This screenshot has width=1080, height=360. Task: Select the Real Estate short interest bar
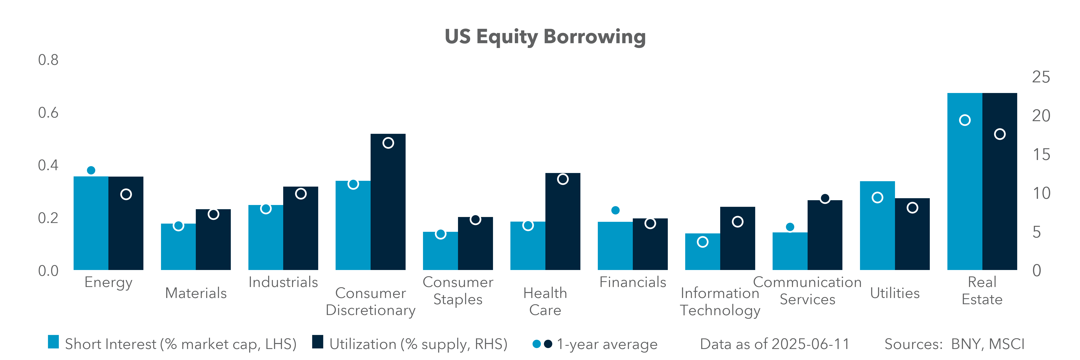[964, 189]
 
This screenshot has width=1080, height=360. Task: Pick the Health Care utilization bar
[563, 226]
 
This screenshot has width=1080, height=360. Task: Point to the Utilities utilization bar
[912, 239]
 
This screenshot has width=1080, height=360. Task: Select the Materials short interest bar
[178, 249]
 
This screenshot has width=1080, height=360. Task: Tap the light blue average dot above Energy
[91, 170]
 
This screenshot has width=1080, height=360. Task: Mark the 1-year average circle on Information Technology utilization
[737, 222]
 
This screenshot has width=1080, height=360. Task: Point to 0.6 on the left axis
[48, 113]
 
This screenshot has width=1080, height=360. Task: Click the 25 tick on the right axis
[1041, 77]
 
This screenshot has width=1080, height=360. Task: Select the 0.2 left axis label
[48, 218]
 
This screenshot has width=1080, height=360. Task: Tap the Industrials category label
[283, 282]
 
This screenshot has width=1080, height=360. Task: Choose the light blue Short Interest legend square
[53, 342]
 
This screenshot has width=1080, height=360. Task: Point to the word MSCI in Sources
[1006, 344]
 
